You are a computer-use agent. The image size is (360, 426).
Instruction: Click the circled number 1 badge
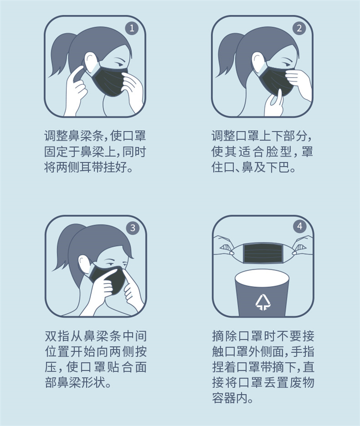pos(132,28)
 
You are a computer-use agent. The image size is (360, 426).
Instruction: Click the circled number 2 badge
pos(300,28)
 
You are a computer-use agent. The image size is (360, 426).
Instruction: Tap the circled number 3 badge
pos(132,228)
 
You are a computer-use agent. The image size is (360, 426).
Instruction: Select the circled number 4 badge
pos(300,226)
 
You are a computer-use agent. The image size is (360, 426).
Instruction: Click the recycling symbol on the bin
pos(263,302)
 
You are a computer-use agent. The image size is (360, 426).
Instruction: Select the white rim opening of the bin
pos(262,278)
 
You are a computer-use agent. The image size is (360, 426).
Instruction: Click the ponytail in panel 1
pos(60,52)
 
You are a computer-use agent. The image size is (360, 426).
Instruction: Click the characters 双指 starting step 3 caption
pos(58,336)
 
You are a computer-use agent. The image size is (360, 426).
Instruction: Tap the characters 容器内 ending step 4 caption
pos(230,398)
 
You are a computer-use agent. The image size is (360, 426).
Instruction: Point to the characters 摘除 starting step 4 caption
pos(225,336)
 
